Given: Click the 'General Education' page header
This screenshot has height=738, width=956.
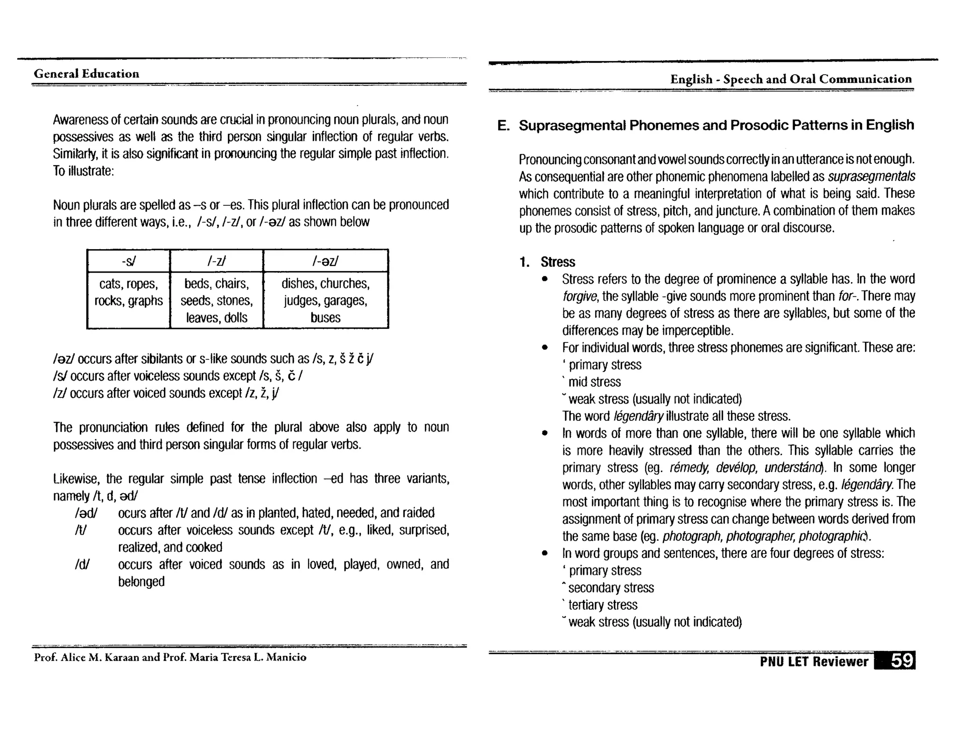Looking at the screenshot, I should point(86,74).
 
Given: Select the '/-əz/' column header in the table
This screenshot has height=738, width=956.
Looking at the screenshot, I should point(325,261).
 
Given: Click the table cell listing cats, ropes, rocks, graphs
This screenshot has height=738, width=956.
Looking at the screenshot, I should point(128,292).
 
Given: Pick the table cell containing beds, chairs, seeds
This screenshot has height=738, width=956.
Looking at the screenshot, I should point(217,300).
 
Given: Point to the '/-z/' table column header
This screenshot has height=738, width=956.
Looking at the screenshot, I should point(217,261).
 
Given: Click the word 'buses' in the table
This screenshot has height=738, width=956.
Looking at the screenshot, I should point(325,318).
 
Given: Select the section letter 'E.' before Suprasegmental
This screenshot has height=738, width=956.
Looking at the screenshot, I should point(503,125).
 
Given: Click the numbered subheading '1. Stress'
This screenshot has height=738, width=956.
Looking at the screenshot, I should point(548,262).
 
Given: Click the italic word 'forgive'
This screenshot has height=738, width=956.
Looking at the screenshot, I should point(580,296).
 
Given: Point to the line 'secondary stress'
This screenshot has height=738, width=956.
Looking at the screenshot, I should point(611,588).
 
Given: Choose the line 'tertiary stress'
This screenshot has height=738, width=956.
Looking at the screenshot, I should point(603,605).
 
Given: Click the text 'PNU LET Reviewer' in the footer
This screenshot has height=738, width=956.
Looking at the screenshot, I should point(814,661).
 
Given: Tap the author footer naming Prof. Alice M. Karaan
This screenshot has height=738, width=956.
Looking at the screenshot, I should point(170,657).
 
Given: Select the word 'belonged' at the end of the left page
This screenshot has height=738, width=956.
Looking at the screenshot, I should point(141,582).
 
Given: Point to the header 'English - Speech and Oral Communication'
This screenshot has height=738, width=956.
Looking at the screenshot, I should point(791,79).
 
